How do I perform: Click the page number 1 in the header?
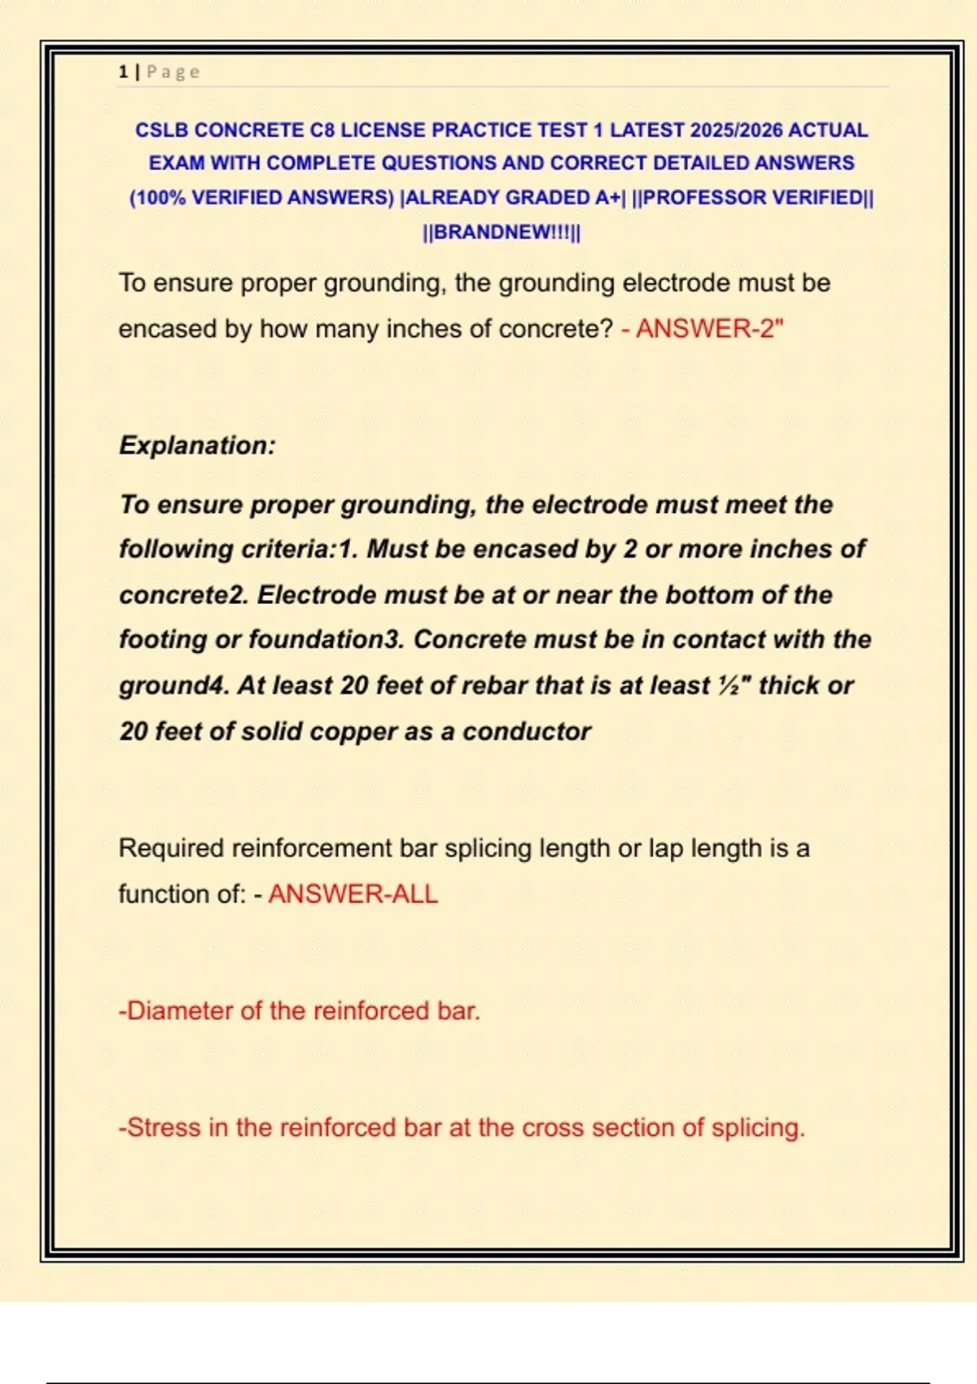click(123, 72)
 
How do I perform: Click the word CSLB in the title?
click(162, 130)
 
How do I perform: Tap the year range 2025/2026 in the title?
click(736, 130)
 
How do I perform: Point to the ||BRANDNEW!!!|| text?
click(502, 232)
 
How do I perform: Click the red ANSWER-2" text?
click(709, 329)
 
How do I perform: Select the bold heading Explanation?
click(198, 445)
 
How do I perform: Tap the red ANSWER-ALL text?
click(353, 894)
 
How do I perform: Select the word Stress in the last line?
click(164, 1128)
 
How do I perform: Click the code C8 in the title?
click(322, 130)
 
